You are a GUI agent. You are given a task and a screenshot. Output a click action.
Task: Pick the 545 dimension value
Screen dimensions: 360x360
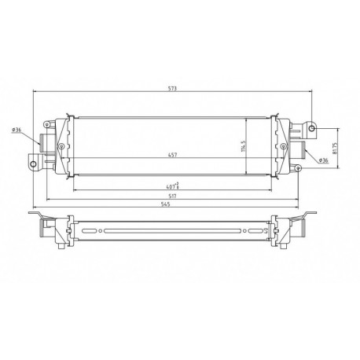point(171,205)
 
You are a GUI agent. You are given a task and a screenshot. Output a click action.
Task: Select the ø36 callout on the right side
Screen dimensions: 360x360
point(323,160)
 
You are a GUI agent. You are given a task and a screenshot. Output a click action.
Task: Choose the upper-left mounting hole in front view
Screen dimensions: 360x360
point(49,124)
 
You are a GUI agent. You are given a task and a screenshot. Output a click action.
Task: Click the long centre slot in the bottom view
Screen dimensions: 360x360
point(171,230)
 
